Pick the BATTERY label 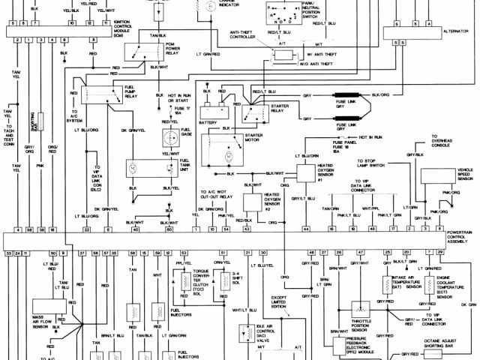(x=208, y=122)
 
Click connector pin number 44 (x=306, y=228)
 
